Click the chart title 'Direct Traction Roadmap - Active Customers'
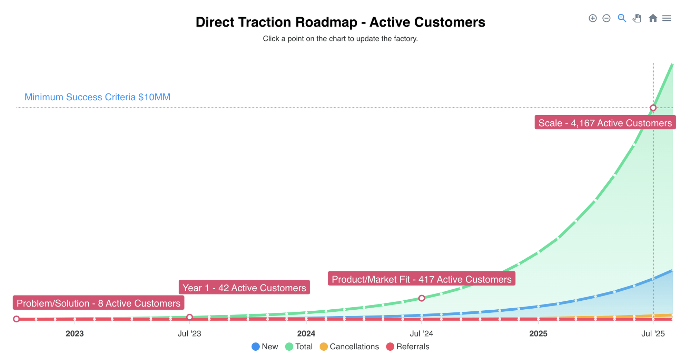pos(340,22)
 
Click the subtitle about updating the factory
pos(340,39)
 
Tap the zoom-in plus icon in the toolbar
pos(592,18)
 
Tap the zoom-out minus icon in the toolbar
pos(606,18)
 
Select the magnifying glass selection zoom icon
pos(622,18)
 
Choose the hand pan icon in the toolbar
pos(637,18)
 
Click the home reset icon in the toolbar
pos(652,18)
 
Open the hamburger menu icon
pos(667,18)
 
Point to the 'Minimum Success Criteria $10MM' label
pos(97,97)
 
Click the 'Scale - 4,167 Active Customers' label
pos(605,123)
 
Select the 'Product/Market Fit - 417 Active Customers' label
pos(421,279)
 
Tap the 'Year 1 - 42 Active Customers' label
pos(244,288)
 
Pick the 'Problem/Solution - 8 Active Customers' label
pos(98,303)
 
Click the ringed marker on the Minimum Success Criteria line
pos(653,108)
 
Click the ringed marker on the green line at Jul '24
pos(421,298)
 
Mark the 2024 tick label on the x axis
pos(306,334)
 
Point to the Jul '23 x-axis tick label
pos(189,334)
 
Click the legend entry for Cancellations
pos(349,347)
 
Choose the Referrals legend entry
pos(407,347)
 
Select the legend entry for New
pos(265,347)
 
